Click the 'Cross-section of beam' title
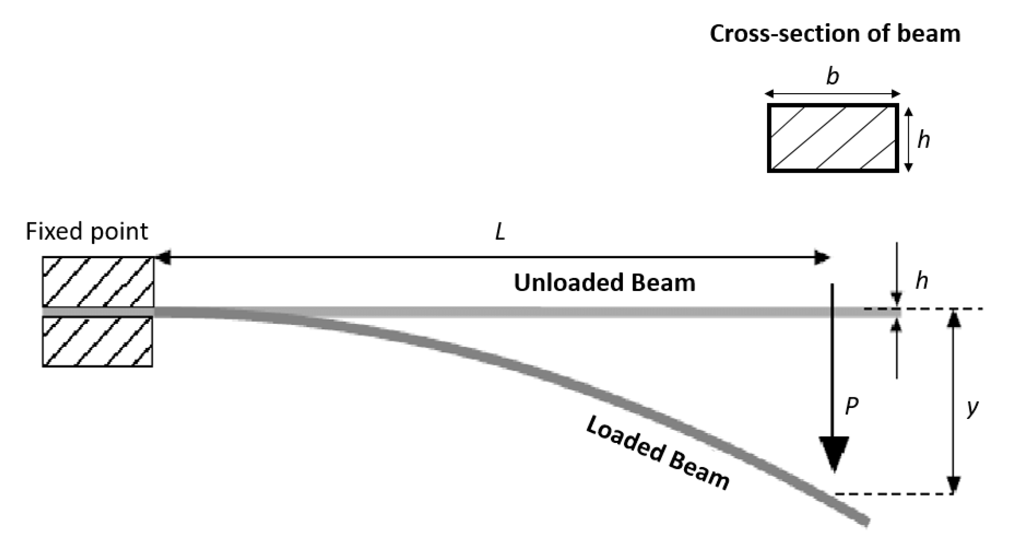tap(835, 34)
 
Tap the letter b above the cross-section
tap(832, 76)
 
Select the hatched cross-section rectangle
tap(833, 138)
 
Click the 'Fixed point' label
tap(87, 231)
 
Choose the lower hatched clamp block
tap(97, 341)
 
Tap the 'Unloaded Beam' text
tap(604, 283)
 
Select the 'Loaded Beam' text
tap(658, 453)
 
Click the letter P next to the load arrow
tap(852, 406)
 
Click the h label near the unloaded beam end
tap(922, 281)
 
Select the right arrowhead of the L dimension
tap(821, 257)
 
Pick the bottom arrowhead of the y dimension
tap(954, 485)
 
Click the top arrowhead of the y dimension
tap(954, 318)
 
